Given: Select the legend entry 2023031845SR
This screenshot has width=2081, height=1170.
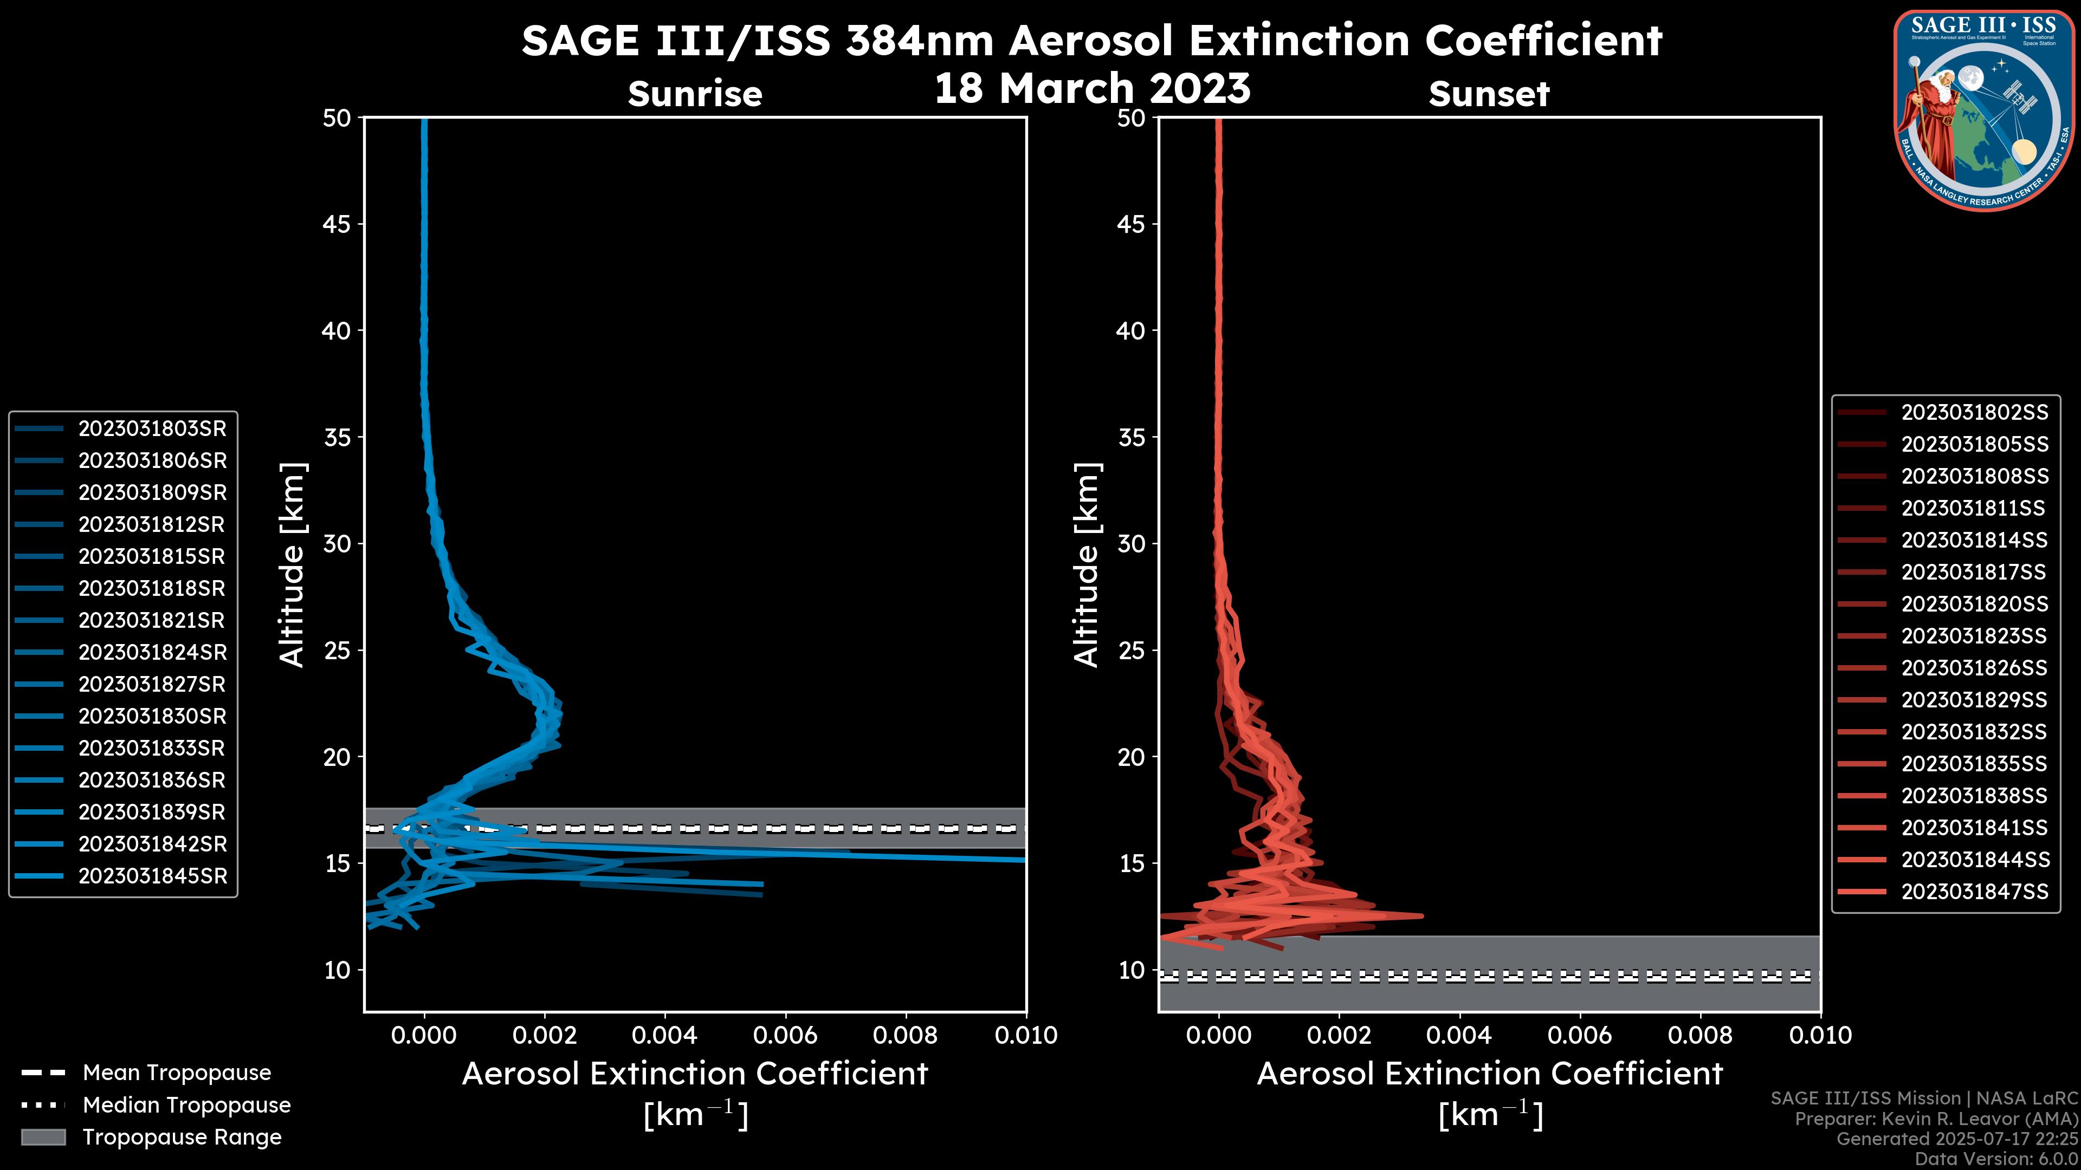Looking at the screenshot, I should [x=152, y=876].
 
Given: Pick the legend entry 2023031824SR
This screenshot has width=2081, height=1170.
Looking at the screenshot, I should [x=152, y=652].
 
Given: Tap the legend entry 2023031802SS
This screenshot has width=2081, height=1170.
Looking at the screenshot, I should [x=1974, y=413].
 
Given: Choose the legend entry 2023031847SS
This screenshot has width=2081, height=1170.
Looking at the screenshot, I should [x=1974, y=892].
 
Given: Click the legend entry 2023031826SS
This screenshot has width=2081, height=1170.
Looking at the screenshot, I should [x=1974, y=668].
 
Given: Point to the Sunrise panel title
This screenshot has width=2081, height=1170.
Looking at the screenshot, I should [x=695, y=94].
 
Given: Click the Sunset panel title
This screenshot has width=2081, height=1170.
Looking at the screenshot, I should [x=1489, y=94].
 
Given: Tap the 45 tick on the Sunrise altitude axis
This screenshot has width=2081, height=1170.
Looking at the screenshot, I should [x=337, y=224].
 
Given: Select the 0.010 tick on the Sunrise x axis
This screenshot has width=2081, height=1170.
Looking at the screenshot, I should [x=1025, y=1035].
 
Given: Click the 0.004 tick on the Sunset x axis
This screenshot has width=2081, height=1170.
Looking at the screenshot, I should [x=1459, y=1035].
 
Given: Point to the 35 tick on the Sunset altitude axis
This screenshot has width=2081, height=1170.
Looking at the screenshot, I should [x=1131, y=437].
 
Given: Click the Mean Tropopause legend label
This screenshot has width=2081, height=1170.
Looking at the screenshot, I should [x=177, y=1073].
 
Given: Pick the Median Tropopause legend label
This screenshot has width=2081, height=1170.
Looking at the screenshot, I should [x=186, y=1106].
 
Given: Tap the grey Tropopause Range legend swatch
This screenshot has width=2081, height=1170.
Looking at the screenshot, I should [x=43, y=1137].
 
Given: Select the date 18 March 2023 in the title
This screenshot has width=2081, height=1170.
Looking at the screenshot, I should [x=1092, y=88].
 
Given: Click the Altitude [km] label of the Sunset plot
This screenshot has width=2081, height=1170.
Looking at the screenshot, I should [x=1087, y=565].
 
